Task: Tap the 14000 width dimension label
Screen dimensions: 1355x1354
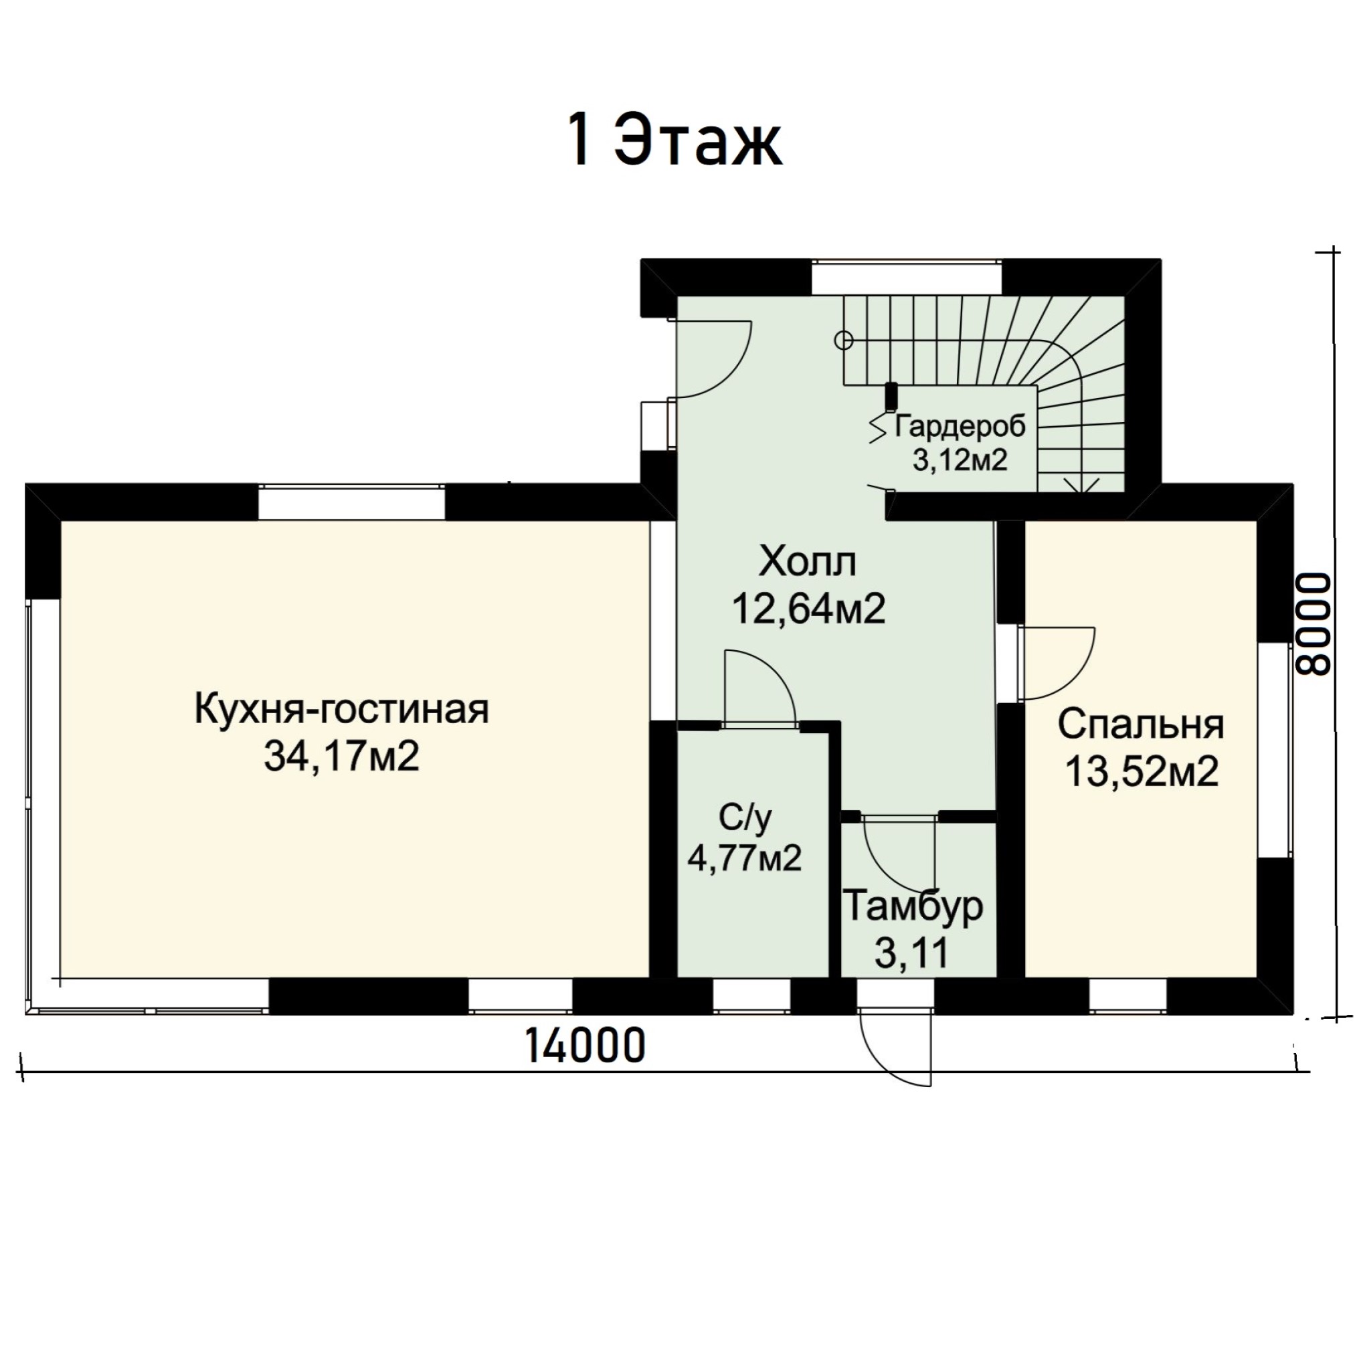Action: [585, 1046]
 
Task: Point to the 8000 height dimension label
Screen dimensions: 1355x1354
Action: [1311, 624]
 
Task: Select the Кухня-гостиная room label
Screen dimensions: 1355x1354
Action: [341, 709]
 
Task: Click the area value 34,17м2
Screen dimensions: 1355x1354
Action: [341, 756]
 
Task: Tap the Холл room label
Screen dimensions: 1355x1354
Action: [808, 562]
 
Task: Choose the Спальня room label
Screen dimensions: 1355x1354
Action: [1141, 724]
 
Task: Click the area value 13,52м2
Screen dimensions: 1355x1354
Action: [1142, 771]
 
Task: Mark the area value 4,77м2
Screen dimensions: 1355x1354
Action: [744, 858]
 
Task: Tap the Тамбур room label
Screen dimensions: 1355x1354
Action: [913, 906]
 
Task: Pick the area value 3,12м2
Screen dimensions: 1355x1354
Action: [960, 460]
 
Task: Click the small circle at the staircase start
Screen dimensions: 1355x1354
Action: [844, 341]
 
